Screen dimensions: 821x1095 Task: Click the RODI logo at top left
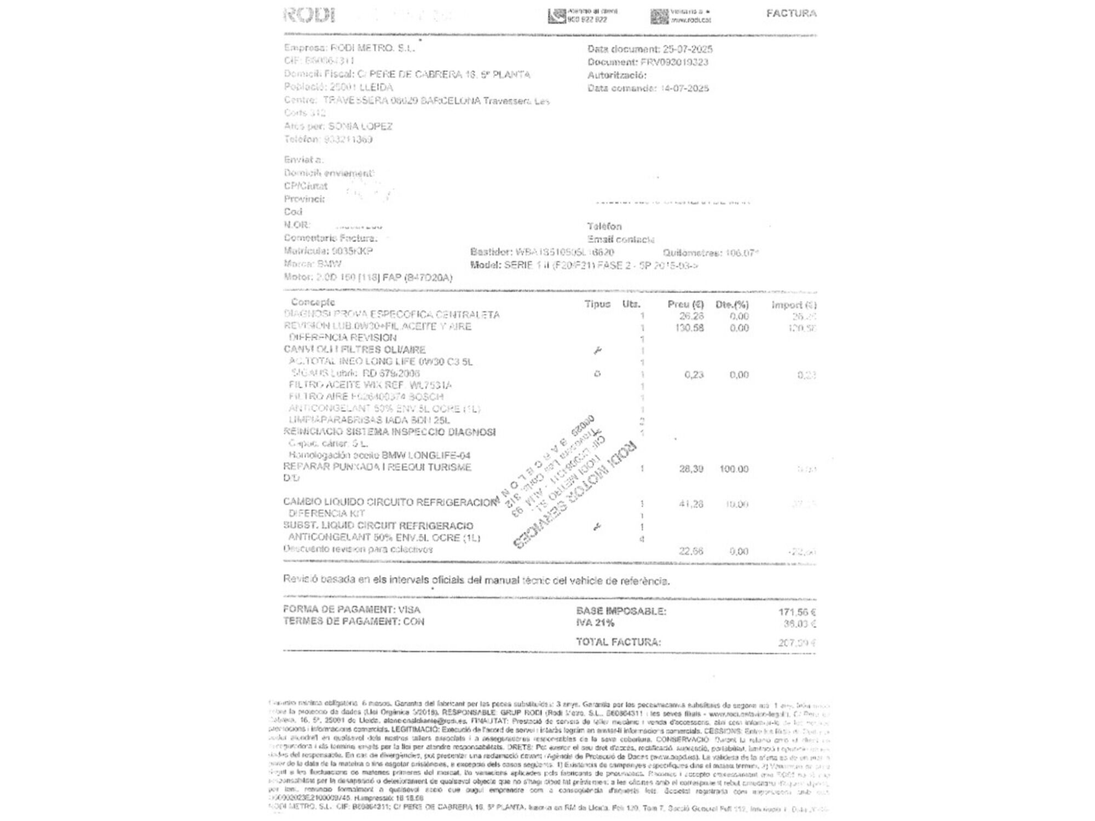tap(309, 15)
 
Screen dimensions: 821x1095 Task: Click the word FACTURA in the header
tap(791, 13)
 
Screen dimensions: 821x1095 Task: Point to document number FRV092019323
tap(674, 62)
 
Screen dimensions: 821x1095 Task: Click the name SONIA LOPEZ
tap(360, 126)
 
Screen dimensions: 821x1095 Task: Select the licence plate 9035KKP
tap(352, 251)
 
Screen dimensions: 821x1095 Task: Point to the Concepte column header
tap(313, 302)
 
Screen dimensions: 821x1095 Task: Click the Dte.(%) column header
tap(732, 305)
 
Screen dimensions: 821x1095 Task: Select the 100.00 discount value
tap(734, 470)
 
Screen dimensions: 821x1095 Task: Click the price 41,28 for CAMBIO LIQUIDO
tap(691, 504)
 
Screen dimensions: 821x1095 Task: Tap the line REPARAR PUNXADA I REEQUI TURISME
tap(377, 467)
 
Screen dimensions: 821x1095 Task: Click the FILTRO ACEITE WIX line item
tap(370, 385)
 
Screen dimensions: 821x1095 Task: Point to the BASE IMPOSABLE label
tap(621, 611)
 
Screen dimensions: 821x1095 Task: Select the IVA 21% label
tap(595, 623)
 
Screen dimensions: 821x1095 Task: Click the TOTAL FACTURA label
tap(618, 642)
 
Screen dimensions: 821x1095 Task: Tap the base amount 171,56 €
tap(797, 612)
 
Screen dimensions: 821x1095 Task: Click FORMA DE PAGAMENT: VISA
tap(351, 610)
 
